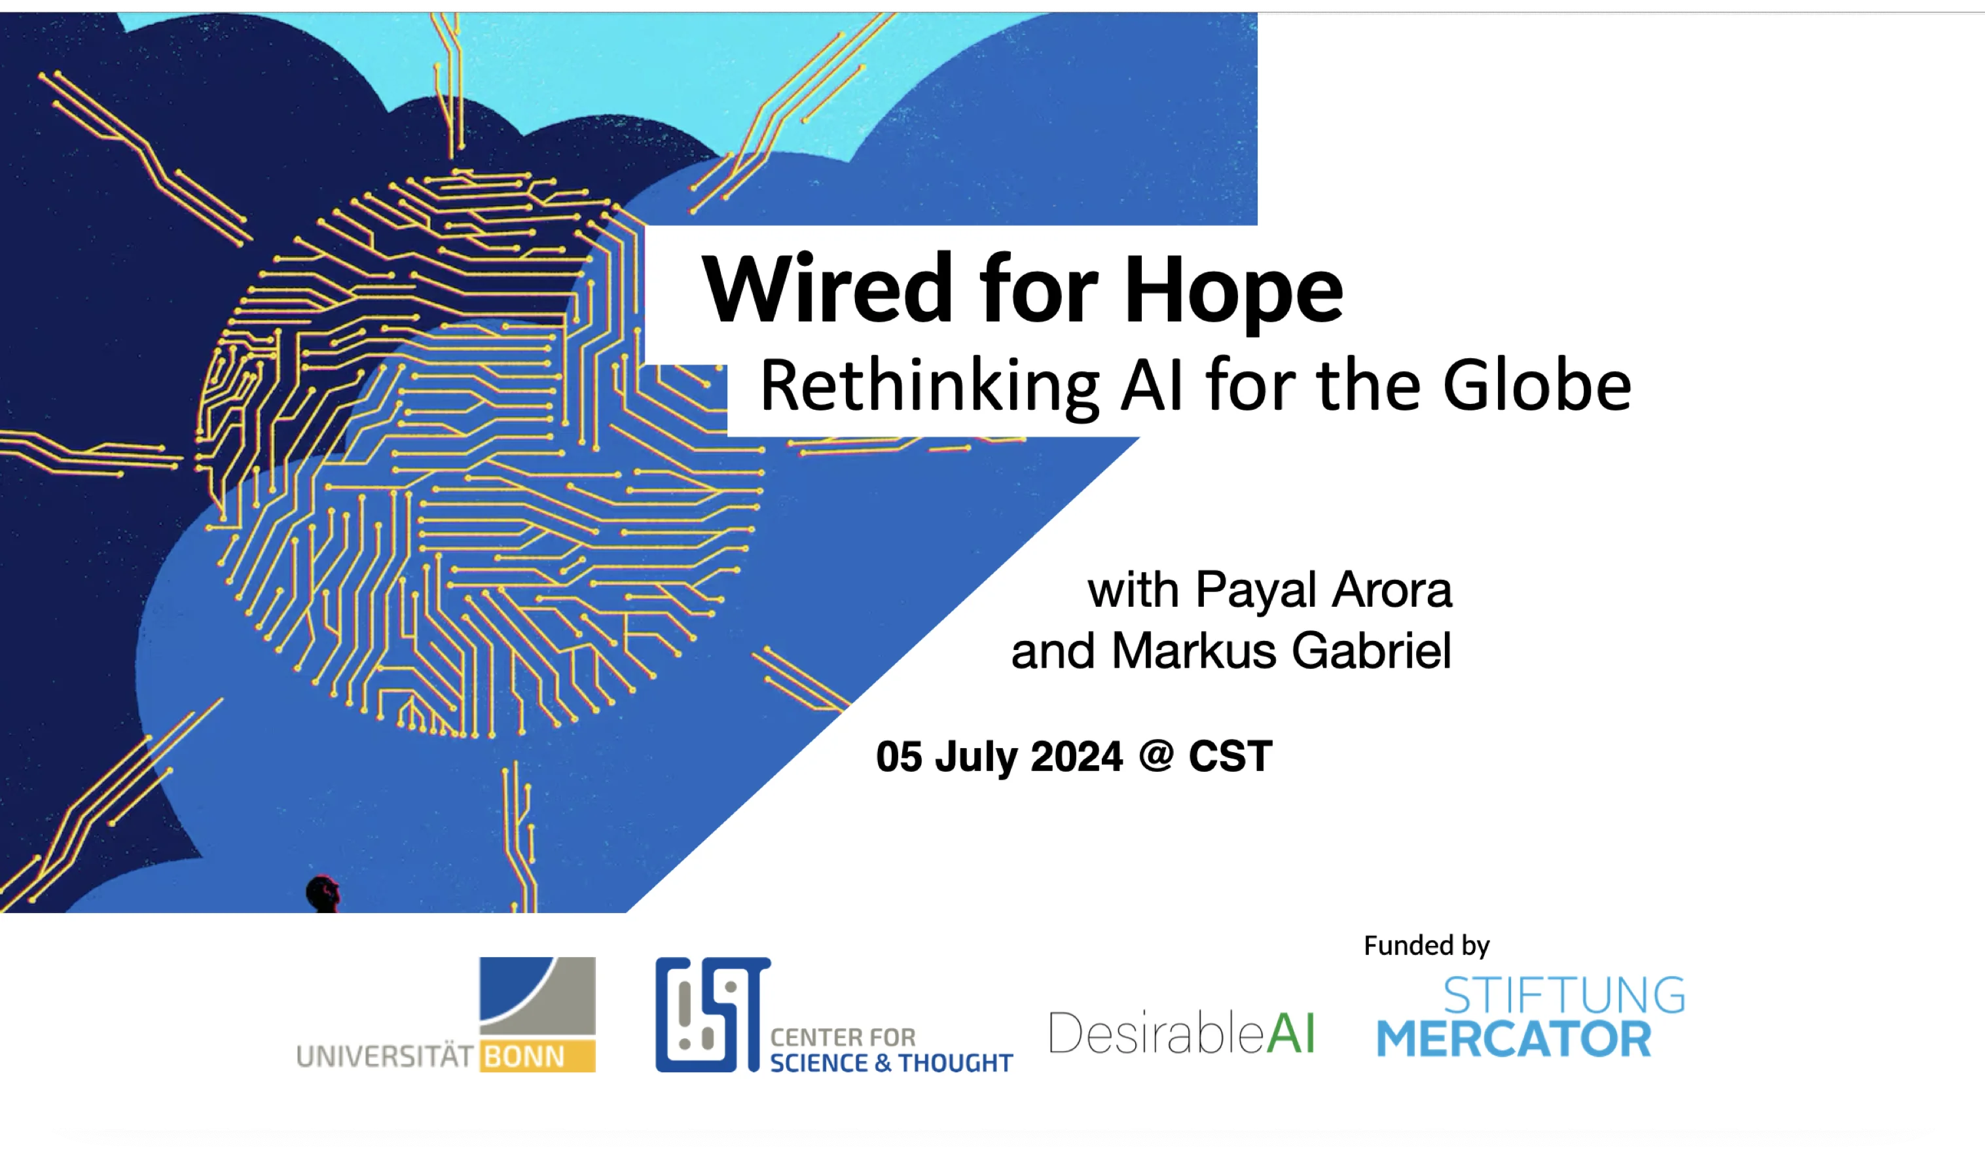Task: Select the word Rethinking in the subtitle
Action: (x=930, y=386)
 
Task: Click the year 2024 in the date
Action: (x=1076, y=756)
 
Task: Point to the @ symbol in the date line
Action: (x=1156, y=756)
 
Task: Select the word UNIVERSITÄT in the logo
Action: (x=384, y=1055)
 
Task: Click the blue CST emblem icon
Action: (x=713, y=1014)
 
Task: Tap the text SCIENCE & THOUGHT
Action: (x=891, y=1063)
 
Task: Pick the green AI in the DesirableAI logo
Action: (x=1291, y=1032)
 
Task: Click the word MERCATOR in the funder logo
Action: (x=1513, y=1039)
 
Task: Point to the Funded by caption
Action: (x=1427, y=945)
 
